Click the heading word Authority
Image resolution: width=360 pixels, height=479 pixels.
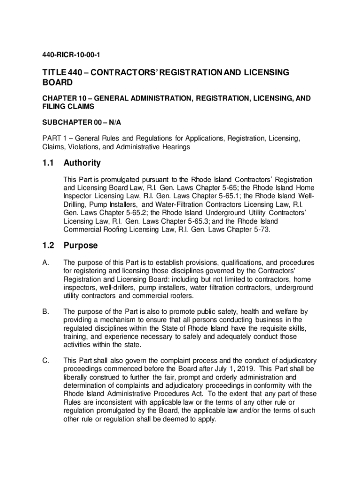[82, 163]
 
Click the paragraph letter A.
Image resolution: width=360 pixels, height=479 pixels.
[45, 263]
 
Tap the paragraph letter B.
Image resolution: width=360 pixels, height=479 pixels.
[45, 312]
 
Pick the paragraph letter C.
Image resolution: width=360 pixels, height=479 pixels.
[45, 360]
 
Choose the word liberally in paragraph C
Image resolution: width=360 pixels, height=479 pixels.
[76, 377]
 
